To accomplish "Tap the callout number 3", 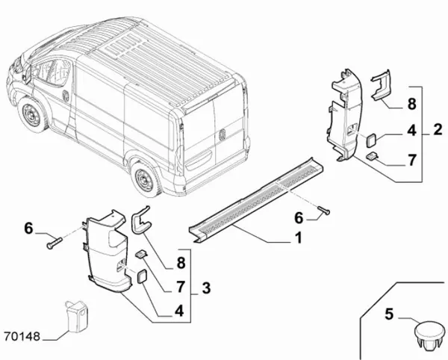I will pos(206,288).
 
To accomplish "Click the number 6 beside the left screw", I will pos(28,229).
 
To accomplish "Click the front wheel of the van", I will pos(31,117).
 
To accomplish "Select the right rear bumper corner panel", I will pos(344,120).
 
